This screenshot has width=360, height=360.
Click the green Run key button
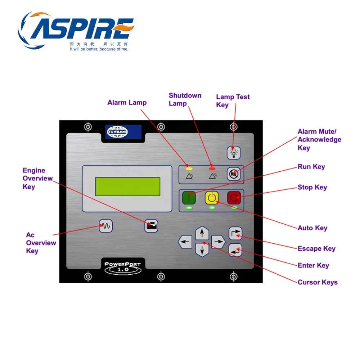coord(189,198)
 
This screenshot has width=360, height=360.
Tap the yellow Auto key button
coord(211,198)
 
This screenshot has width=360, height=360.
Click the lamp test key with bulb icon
coord(233,153)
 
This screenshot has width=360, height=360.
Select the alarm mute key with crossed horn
coord(233,174)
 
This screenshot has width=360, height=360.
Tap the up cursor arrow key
coord(202,233)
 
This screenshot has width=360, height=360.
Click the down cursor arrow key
coord(202,249)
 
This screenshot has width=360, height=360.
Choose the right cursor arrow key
coord(218,242)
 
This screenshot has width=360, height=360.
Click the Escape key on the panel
coord(235,233)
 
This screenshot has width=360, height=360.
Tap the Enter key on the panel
coord(235,250)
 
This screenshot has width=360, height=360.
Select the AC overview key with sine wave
coord(106,226)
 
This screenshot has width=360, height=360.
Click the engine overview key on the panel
coord(151,226)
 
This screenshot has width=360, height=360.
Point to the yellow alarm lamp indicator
coord(189,168)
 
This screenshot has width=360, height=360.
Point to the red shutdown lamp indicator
coord(212,168)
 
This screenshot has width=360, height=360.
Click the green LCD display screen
coord(127,186)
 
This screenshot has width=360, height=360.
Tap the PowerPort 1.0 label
coord(123,267)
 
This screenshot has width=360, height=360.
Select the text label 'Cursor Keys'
coord(318,282)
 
